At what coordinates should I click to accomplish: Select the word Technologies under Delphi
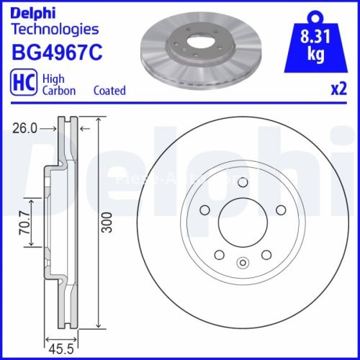pos(55,30)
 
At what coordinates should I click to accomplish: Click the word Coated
pos(109,91)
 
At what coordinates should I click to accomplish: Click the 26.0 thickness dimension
pos(24,129)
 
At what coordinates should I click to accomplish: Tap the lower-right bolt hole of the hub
pos(266,253)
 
